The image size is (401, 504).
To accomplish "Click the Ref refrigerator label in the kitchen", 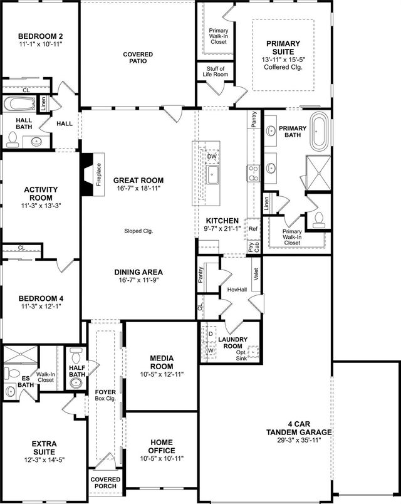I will [x=253, y=229].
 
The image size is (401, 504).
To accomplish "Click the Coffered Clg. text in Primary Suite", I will [x=283, y=66].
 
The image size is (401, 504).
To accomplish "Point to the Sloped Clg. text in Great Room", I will [x=138, y=231].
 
